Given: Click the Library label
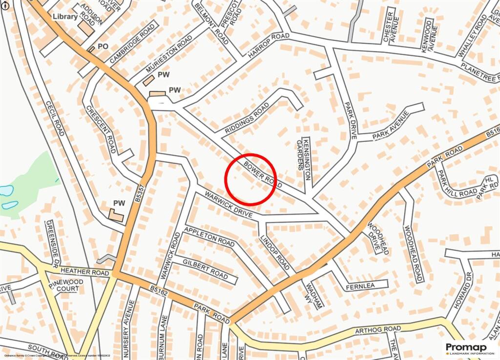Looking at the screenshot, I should coord(65,17).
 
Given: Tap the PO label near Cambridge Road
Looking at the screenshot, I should coord(103,46).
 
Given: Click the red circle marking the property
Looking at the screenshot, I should coord(250,179).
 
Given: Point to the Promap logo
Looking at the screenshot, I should coord(469,347).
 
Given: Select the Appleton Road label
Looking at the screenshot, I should coord(209,235).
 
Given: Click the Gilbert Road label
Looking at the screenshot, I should coord(206,269).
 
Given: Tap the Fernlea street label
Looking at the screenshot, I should coord(359,286).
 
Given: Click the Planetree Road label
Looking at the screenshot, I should coord(480,73).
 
